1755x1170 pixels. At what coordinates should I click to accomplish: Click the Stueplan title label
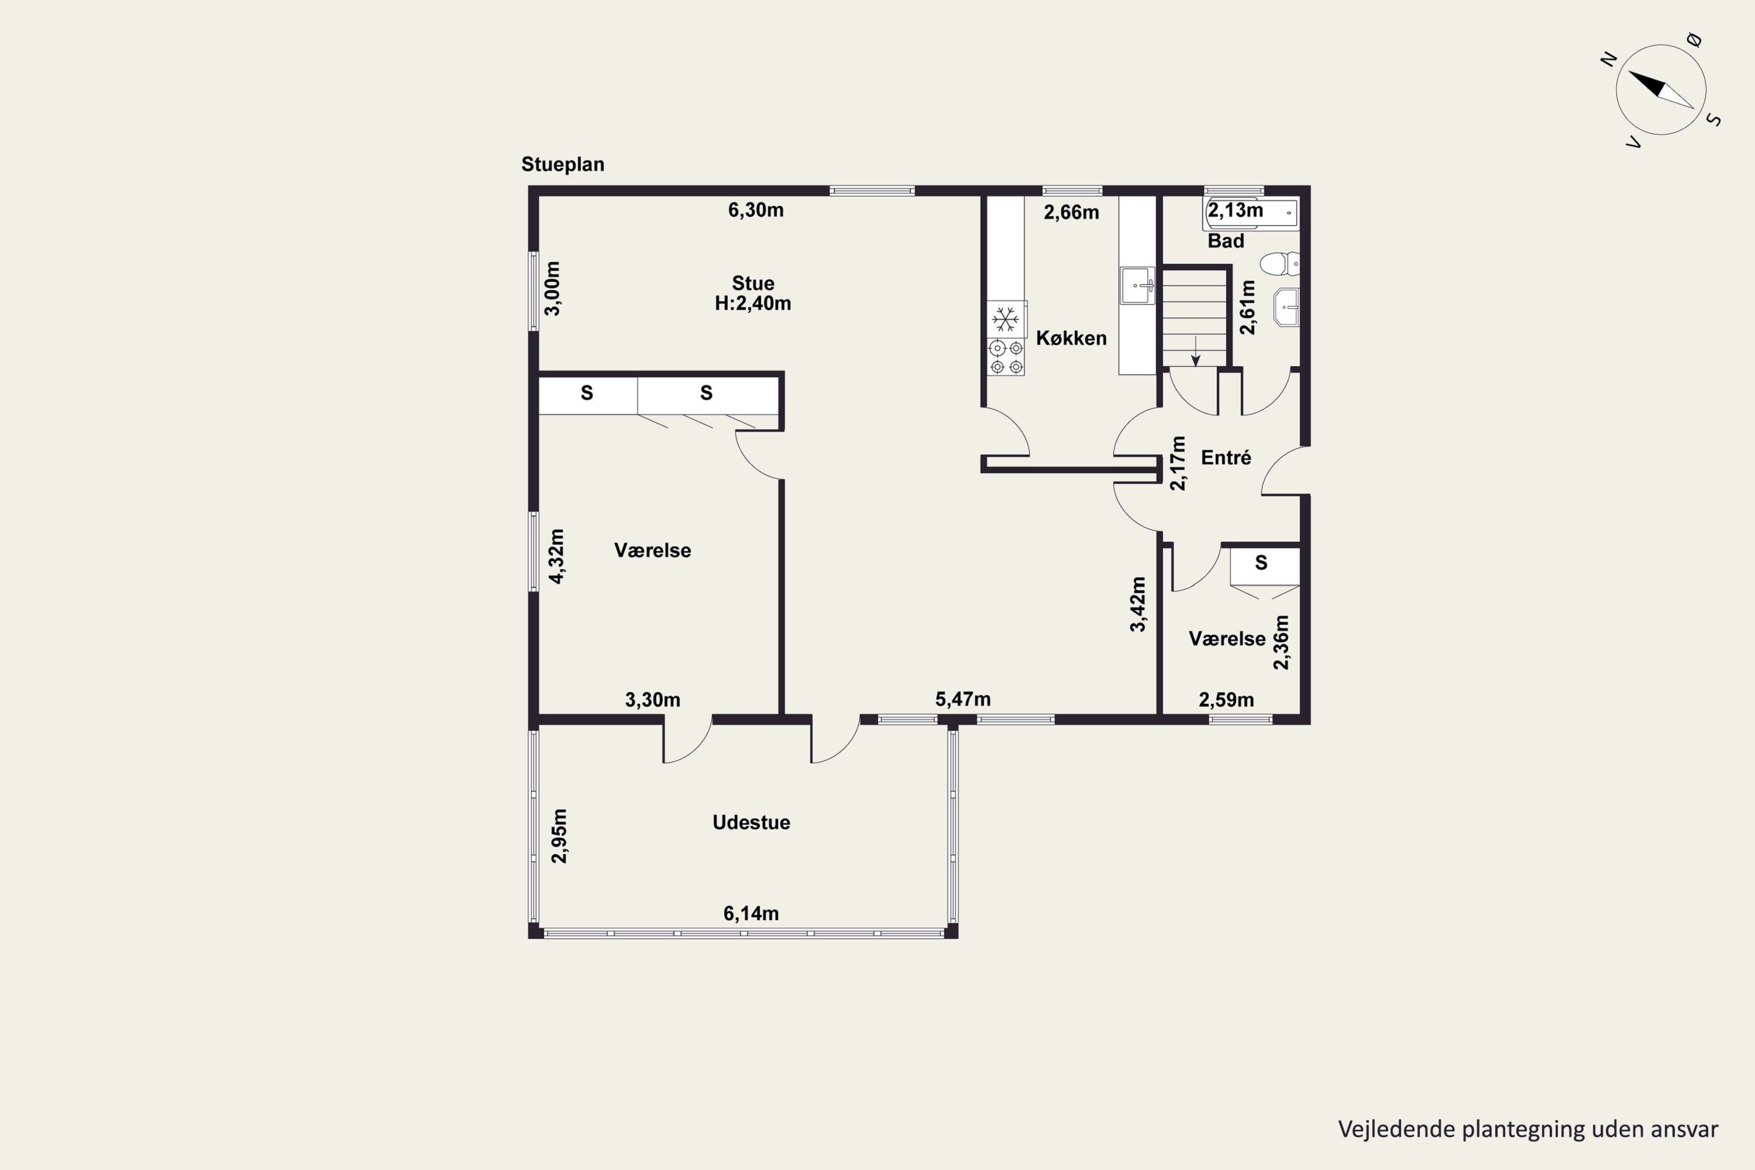563,164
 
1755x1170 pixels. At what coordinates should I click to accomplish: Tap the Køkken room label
1071,338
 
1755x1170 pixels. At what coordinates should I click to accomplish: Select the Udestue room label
751,823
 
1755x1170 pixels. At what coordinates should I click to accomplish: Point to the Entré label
1226,457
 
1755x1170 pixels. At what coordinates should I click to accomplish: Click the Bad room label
1226,241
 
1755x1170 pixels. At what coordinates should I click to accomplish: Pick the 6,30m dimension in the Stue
756,209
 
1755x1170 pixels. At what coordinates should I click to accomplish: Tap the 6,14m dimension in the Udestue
751,913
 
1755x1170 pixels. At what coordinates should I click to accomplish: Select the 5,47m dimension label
962,699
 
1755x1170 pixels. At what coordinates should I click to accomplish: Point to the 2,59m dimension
1226,700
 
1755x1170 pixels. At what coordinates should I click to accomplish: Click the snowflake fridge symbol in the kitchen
1006,319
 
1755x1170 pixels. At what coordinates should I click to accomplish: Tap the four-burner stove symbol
1006,357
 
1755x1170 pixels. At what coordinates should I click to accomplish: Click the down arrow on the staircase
1195,350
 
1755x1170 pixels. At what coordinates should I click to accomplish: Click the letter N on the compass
1609,59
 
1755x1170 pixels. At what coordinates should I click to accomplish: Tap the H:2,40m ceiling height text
753,303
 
